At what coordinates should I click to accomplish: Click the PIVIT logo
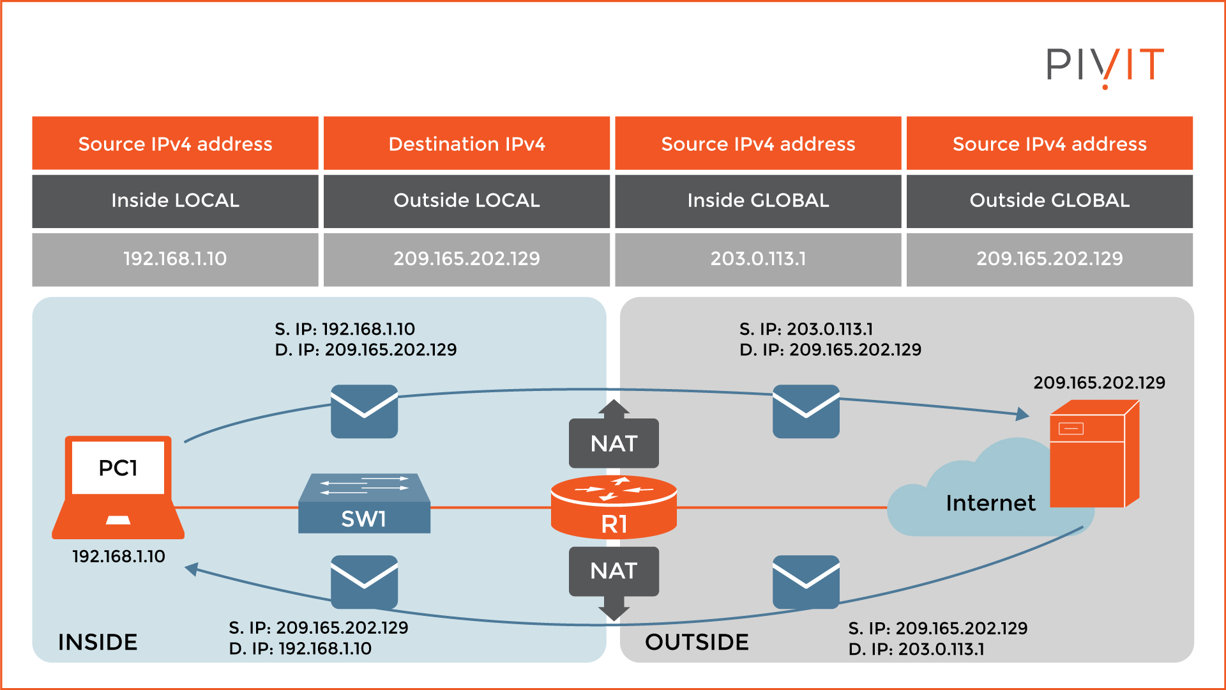point(1105,66)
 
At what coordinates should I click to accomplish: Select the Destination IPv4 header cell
point(467,144)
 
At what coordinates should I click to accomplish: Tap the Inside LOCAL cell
point(175,201)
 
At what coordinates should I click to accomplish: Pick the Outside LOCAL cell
point(467,201)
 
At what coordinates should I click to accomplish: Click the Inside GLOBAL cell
point(758,201)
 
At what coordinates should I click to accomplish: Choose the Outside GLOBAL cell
point(1049,201)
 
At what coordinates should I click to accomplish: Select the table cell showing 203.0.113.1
point(758,259)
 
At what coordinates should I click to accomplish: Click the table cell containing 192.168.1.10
point(175,259)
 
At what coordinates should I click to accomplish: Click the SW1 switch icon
point(364,504)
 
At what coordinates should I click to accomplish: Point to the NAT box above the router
point(614,443)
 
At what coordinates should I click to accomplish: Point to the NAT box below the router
point(614,571)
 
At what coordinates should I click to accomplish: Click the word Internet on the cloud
point(990,503)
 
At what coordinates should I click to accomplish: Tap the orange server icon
point(1094,455)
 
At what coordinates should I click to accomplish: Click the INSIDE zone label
point(98,642)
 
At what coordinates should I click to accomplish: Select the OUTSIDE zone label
point(697,642)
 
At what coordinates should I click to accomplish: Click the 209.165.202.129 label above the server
point(1099,383)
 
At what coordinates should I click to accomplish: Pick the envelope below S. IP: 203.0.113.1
point(806,411)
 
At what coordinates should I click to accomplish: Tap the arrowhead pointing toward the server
point(1023,414)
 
